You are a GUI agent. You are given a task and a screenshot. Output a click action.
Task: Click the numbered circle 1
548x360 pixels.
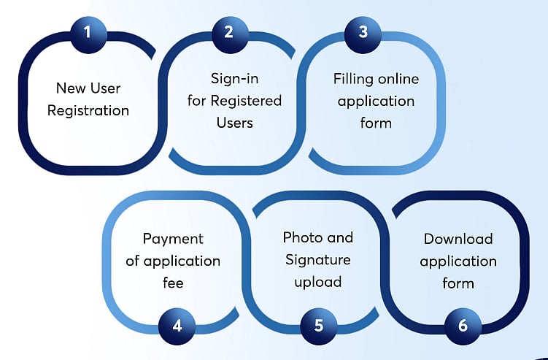click(88, 33)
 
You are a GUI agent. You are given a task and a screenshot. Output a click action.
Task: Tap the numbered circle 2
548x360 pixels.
click(228, 33)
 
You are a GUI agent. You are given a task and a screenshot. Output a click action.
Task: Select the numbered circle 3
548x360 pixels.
click(363, 33)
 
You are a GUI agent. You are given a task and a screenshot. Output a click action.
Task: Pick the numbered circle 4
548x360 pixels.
click(177, 325)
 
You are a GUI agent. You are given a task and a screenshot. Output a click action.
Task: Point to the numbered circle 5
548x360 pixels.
click(318, 325)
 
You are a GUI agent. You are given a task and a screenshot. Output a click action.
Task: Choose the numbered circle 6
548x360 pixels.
click(462, 325)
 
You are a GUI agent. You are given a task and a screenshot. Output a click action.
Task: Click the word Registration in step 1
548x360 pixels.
click(88, 111)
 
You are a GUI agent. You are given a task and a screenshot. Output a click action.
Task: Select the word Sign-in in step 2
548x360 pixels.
click(234, 77)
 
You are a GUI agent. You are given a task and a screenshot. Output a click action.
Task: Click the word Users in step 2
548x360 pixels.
click(234, 122)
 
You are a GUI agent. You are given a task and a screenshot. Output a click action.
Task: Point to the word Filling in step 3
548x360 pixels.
click(354, 77)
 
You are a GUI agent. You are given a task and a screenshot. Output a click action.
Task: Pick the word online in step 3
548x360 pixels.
click(397, 77)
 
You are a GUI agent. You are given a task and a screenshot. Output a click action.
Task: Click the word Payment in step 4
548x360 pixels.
click(173, 239)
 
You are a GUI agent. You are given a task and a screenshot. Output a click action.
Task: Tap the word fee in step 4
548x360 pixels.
click(173, 283)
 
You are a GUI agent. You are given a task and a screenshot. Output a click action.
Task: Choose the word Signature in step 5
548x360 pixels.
click(318, 260)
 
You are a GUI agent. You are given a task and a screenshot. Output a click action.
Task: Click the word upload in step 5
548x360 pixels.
click(318, 283)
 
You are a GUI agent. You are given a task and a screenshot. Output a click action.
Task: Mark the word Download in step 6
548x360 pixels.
click(458, 239)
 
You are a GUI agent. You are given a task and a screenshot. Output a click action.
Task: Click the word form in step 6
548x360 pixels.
click(458, 283)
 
